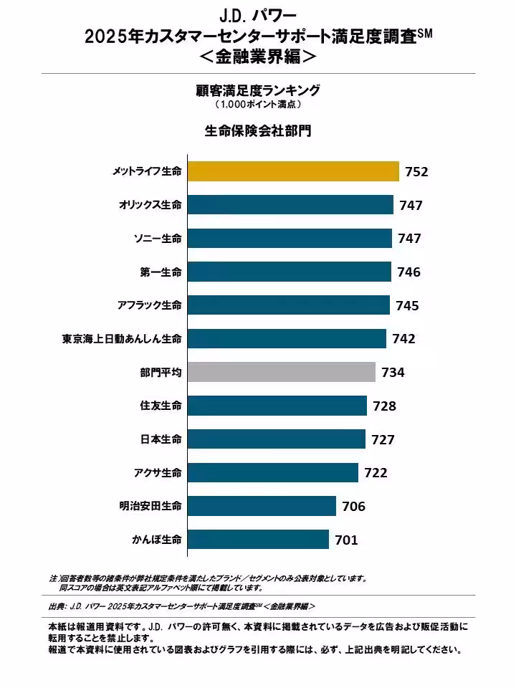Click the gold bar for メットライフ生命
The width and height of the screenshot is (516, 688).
tap(293, 171)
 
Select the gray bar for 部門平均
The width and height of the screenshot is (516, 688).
tap(282, 372)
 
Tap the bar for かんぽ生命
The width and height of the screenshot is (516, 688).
tap(258, 540)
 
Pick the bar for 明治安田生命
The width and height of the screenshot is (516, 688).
tap(262, 506)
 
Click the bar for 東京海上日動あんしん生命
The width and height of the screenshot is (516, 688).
tap(287, 338)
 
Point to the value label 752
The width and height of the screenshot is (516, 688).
tap(416, 172)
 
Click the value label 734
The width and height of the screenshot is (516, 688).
tap(393, 373)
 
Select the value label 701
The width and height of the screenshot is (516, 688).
tap(346, 540)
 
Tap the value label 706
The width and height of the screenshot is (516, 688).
tap(353, 507)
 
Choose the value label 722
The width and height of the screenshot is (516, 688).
tap(376, 473)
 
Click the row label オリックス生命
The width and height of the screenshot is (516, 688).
tap(150, 205)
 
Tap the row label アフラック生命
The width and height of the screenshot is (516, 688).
tap(149, 305)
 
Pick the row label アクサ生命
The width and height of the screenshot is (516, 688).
tap(157, 473)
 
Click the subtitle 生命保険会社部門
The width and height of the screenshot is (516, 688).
tap(258, 131)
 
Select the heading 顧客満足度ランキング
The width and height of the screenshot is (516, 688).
tap(258, 90)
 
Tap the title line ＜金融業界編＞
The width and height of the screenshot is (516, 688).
tap(258, 55)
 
